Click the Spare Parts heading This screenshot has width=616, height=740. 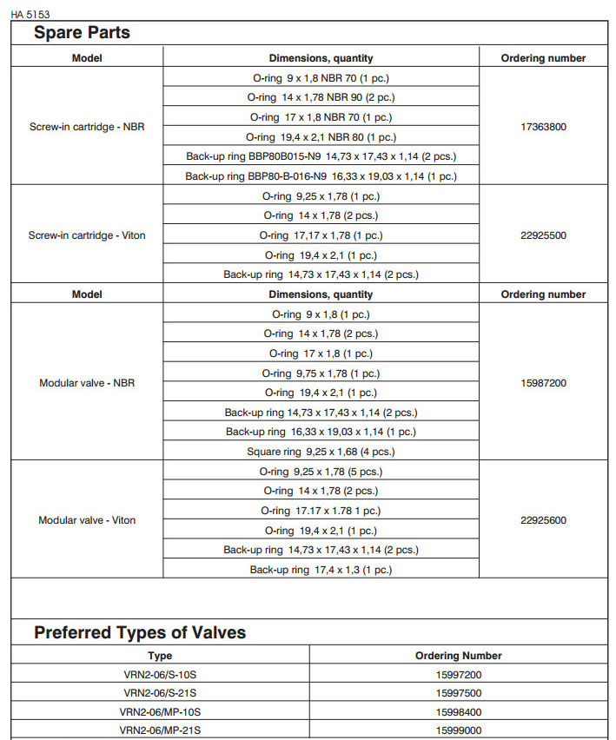point(82,33)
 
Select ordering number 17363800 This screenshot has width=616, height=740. point(543,127)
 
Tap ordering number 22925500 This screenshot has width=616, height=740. point(543,235)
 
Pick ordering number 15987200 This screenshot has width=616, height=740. point(543,382)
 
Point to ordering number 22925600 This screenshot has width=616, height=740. point(543,520)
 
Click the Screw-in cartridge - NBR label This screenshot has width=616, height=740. point(87,127)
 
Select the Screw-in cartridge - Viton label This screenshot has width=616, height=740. point(87,235)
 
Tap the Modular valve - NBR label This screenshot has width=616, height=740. point(87,382)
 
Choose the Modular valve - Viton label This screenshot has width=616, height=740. point(87,520)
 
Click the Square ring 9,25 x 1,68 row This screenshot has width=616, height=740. point(321,452)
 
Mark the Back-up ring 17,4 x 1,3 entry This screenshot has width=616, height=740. point(321,570)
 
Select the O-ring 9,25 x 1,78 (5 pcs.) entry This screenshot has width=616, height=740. point(321,472)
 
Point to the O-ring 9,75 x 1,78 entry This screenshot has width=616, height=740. point(321,373)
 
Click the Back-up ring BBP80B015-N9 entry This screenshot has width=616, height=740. point(321,156)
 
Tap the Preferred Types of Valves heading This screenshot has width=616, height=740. point(140,632)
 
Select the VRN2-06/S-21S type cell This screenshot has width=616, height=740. point(160,693)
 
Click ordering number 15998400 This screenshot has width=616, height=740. point(459,711)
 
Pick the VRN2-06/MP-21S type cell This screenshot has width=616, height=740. point(160,730)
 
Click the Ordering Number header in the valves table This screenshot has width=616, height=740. point(459,656)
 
